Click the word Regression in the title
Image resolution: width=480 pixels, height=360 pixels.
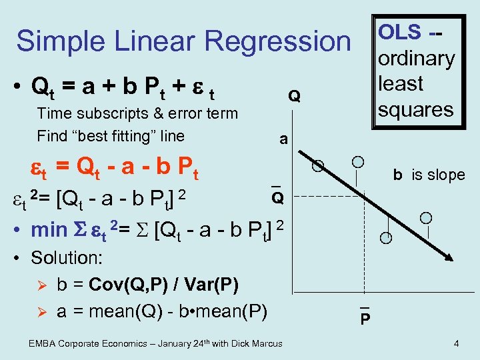(279, 41)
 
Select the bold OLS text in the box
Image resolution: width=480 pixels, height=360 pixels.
(400, 31)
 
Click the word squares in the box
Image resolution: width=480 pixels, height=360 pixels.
(415, 109)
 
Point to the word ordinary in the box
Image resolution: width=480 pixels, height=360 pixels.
(416, 58)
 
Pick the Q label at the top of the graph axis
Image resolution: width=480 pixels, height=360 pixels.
(293, 96)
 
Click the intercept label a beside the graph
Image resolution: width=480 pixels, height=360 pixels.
(284, 139)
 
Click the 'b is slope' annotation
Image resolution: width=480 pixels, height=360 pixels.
(428, 175)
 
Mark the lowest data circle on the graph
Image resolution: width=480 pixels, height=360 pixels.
(385, 238)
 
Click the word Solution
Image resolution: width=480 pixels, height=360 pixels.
(63, 257)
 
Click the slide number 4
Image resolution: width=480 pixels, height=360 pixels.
(455, 344)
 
